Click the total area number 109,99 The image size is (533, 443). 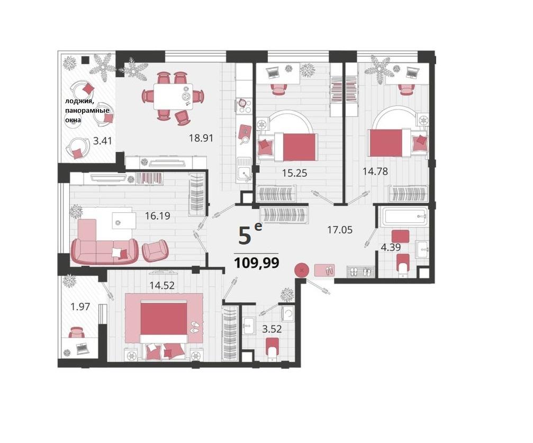tap(257, 263)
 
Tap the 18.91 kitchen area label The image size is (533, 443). tap(201, 138)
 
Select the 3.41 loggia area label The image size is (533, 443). tap(103, 141)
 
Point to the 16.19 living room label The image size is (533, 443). tap(157, 215)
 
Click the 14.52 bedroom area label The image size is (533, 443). tap(162, 285)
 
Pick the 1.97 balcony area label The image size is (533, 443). tap(80, 306)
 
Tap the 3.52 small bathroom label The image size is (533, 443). tap(272, 329)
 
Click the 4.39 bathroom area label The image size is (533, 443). tap(391, 247)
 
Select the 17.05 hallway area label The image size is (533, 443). tap(340, 230)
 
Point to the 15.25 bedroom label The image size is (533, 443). tap(294, 173)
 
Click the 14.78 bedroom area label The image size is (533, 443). tap(375, 171)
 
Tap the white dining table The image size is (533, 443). tap(174, 96)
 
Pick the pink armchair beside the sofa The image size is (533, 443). tap(155, 251)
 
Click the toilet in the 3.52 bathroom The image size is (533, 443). tap(273, 349)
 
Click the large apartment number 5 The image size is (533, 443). tap(245, 236)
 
